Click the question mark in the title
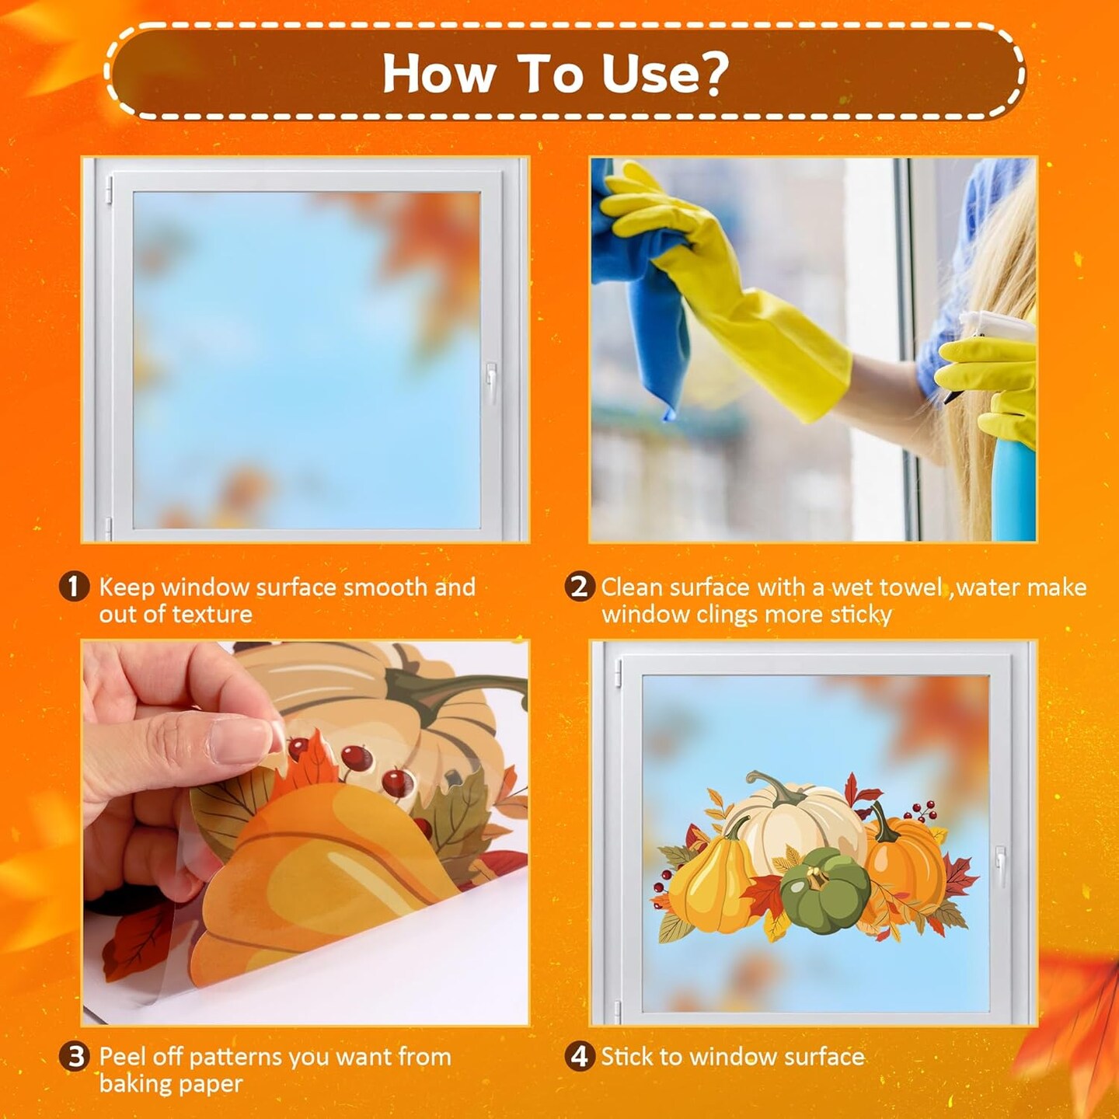point(708,73)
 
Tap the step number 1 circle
point(74,587)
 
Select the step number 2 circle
point(579,587)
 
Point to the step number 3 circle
point(75,1057)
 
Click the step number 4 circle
point(579,1057)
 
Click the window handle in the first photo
point(491,382)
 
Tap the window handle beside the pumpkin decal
point(1000,866)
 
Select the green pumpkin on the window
point(825,890)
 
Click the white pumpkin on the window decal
point(793,820)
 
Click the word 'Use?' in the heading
point(664,73)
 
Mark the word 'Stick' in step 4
point(626,1057)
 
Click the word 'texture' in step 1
point(213,615)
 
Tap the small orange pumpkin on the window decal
point(905,863)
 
